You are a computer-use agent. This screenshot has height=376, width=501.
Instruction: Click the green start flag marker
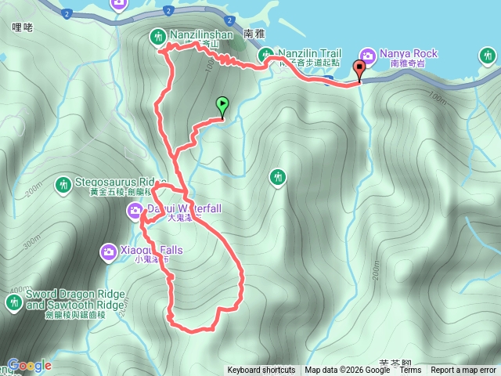pyautogui.click(x=222, y=104)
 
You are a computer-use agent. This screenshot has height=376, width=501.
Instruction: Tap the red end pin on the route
pyautogui.click(x=360, y=69)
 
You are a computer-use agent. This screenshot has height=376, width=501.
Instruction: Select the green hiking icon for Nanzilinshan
pyautogui.click(x=157, y=36)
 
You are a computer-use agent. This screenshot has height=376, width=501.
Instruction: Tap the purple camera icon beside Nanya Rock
pyautogui.click(x=367, y=54)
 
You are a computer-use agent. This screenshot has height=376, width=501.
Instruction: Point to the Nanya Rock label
pyautogui.click(x=408, y=53)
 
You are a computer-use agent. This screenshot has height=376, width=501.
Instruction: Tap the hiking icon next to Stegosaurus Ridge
pyautogui.click(x=63, y=185)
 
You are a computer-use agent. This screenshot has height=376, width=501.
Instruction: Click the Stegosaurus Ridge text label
pyautogui.click(x=121, y=182)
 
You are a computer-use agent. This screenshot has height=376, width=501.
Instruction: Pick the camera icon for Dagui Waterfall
pyautogui.click(x=135, y=209)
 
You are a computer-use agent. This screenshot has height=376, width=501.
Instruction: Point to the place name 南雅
pyautogui.click(x=255, y=34)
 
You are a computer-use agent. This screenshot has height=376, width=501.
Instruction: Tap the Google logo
pyautogui.click(x=30, y=365)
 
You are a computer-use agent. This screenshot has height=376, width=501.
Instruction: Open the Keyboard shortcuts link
pyautogui.click(x=261, y=371)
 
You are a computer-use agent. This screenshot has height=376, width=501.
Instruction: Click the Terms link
pyautogui.click(x=410, y=371)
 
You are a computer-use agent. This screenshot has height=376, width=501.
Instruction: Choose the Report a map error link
pyautogui.click(x=463, y=371)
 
